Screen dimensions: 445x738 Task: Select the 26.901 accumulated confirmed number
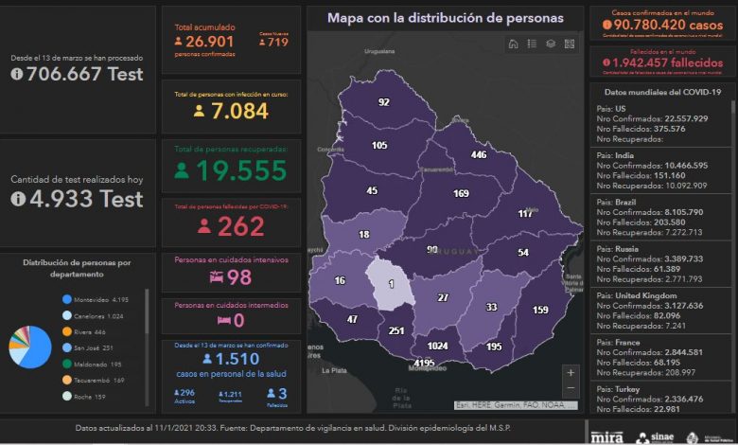coord(209,41)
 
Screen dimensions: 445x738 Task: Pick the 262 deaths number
coord(240,226)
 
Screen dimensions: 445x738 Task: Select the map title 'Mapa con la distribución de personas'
coord(445,17)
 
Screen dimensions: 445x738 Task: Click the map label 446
coord(479,154)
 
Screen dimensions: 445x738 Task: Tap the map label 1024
coord(436,346)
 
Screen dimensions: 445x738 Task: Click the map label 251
coord(396,330)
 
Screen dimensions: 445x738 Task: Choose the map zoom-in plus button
coord(569,372)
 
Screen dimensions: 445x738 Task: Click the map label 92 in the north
coord(383,102)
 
